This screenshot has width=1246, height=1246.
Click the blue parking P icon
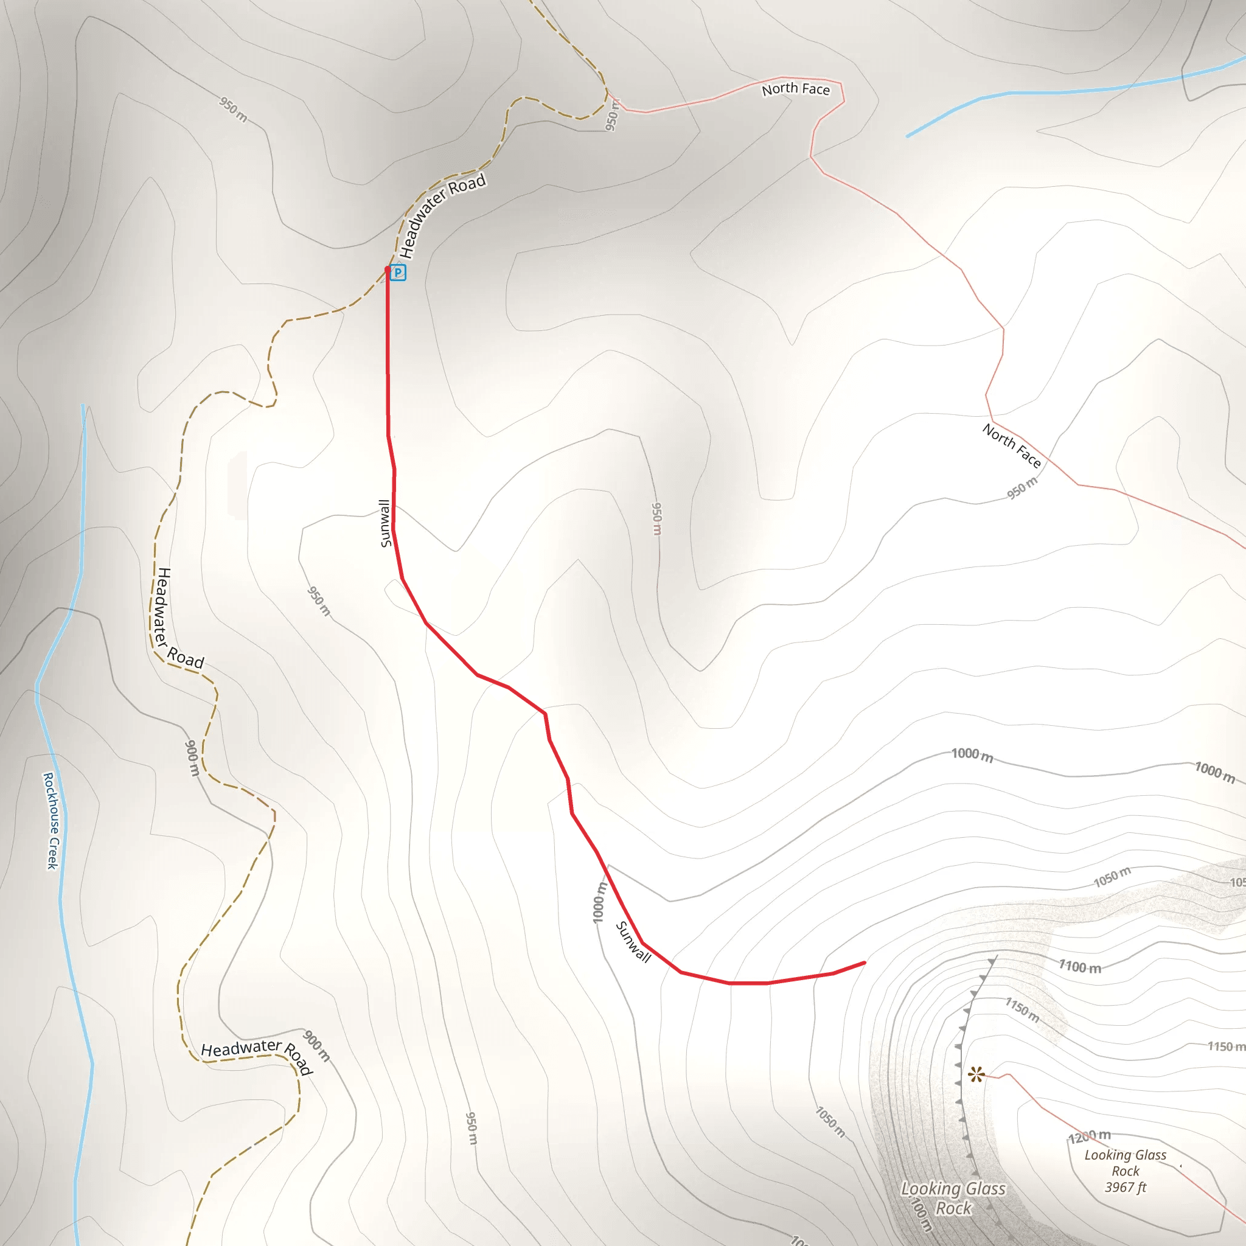click(398, 273)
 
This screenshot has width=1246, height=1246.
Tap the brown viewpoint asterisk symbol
click(976, 1074)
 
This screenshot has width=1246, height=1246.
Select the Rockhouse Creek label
click(51, 820)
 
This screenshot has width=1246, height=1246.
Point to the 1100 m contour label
click(1081, 966)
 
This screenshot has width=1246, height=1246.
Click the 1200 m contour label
click(1089, 1136)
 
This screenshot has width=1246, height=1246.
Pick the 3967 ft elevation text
click(1126, 1188)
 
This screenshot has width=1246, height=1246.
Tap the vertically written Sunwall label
click(385, 523)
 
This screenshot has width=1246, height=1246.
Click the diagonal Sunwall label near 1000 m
click(633, 942)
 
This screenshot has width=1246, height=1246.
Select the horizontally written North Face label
click(796, 89)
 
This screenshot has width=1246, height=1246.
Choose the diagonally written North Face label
click(1012, 445)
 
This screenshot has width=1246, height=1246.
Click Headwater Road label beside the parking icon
click(442, 215)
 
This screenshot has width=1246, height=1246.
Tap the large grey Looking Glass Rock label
click(953, 1197)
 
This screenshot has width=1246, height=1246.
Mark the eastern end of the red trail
click(864, 963)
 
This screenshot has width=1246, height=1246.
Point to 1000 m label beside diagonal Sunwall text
click(600, 903)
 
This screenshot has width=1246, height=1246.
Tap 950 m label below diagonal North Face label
click(1023, 487)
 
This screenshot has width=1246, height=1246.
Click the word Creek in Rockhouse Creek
click(53, 852)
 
